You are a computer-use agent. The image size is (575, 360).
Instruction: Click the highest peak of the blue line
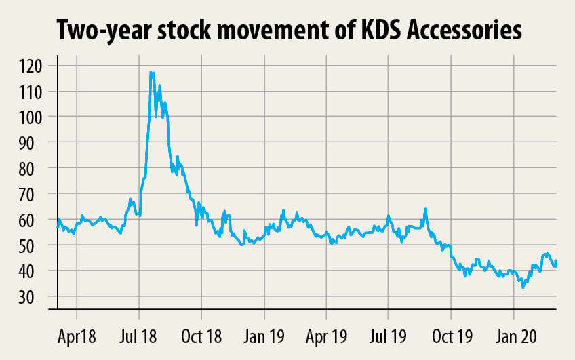[x=151, y=71]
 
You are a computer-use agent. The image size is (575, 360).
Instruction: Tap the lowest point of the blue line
[x=523, y=287]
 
